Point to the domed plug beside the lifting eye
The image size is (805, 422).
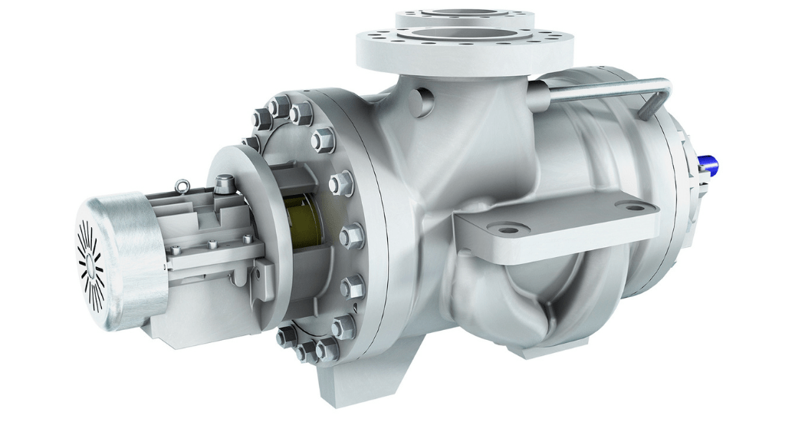(x=224, y=183)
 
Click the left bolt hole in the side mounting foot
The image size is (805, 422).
(x=511, y=229)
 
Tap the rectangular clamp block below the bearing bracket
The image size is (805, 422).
(x=264, y=272)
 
